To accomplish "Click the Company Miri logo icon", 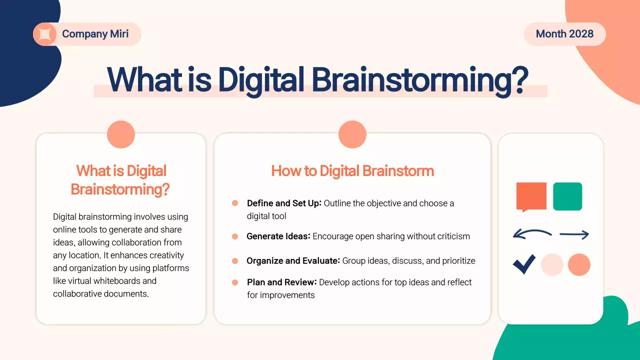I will [44, 34].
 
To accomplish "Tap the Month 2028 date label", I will [564, 34].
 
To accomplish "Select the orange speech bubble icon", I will [531, 196].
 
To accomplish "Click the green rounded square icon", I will [567, 196].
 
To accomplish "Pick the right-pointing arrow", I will [574, 234].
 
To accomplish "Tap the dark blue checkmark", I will [524, 264].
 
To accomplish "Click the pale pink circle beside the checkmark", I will [552, 265].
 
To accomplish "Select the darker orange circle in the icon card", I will [579, 265].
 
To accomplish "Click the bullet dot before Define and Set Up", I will [235, 203].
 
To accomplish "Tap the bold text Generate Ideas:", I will [278, 236].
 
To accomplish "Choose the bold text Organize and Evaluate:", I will [293, 260].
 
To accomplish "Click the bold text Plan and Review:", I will [281, 282].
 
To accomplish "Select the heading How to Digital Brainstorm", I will [352, 171].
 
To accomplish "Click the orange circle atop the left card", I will [121, 134].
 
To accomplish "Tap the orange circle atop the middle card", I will [352, 134].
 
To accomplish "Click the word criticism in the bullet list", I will [451, 236].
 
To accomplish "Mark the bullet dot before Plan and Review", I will [235, 282].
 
